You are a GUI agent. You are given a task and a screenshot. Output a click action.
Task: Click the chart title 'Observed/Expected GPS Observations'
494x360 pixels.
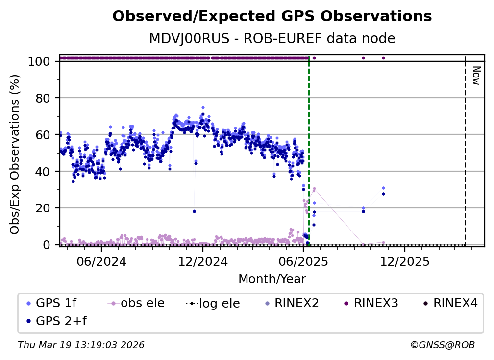[272, 17]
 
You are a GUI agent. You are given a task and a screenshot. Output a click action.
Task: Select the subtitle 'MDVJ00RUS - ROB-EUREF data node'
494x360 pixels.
[272, 39]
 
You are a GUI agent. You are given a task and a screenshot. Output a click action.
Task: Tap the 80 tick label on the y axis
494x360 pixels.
[44, 98]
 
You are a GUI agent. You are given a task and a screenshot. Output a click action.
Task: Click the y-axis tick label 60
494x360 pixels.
[44, 135]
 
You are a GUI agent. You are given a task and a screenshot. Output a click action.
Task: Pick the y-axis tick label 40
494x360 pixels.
[44, 172]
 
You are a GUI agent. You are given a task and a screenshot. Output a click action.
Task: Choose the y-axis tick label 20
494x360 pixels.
[44, 208]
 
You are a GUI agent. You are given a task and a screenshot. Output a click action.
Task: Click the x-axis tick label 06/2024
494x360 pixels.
[101, 261]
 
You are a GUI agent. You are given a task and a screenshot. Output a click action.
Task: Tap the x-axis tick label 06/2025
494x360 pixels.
[303, 261]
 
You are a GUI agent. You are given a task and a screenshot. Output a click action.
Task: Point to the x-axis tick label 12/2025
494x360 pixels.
[404, 261]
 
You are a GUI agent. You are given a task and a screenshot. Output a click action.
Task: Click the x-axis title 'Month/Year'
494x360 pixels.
[272, 279]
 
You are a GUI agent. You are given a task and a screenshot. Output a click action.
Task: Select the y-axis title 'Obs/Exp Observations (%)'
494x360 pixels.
[15, 154]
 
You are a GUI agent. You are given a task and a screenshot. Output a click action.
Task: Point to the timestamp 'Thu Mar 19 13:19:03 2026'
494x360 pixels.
[81, 345]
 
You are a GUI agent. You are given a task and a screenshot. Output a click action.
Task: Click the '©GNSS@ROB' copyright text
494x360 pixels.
[443, 345]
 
